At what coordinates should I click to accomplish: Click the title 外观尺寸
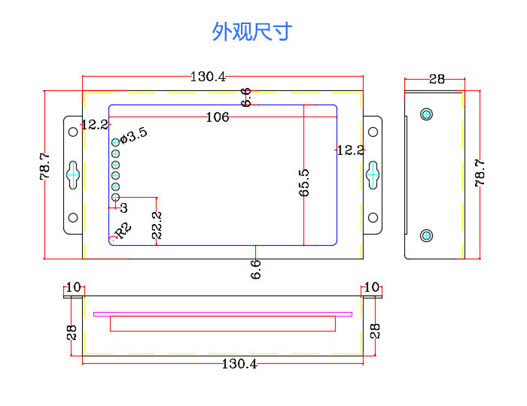click(x=251, y=32)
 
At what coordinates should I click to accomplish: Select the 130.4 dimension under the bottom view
click(x=239, y=364)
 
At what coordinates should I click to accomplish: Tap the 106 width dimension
click(x=217, y=117)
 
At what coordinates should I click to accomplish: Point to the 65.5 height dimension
click(x=304, y=183)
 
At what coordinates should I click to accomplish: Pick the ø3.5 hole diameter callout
click(x=133, y=135)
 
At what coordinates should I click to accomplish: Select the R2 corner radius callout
click(x=123, y=229)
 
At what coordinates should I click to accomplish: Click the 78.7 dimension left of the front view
click(x=44, y=167)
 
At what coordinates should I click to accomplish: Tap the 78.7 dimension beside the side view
click(x=480, y=172)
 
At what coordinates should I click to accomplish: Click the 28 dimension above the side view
click(x=437, y=78)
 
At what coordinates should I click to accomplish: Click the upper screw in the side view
click(x=427, y=114)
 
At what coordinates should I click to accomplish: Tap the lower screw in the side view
click(x=427, y=235)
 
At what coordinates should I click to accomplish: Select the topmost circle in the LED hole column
click(x=116, y=142)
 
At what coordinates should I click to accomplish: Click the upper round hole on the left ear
click(x=73, y=132)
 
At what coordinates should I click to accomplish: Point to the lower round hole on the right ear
click(x=372, y=218)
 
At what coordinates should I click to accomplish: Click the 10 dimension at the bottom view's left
click(x=73, y=287)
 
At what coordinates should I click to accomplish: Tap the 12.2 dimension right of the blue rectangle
click(x=350, y=150)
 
